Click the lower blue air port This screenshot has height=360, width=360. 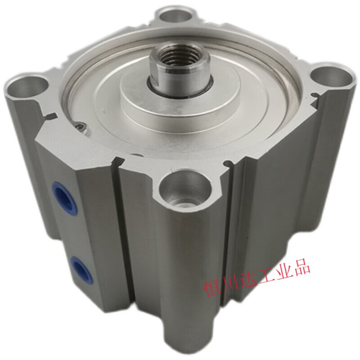pyautogui.click(x=80, y=267)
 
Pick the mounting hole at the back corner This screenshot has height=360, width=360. pyautogui.click(x=175, y=16)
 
